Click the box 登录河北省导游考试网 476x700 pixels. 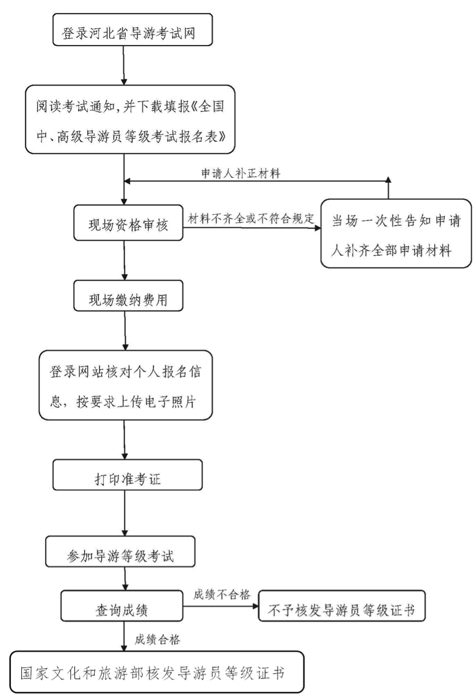pyautogui.click(x=132, y=30)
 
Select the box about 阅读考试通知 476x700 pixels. pyautogui.click(x=130, y=119)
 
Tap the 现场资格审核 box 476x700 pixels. pyautogui.click(x=128, y=222)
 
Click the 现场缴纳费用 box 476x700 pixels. pyautogui.click(x=128, y=295)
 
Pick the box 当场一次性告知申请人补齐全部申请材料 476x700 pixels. pyautogui.click(x=396, y=233)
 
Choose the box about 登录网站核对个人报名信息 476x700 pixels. pyautogui.click(x=126, y=385)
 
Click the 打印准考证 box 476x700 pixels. pyautogui.click(x=128, y=475)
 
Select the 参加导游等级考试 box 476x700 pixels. pyautogui.click(x=120, y=552)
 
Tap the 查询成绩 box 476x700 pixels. pyautogui.click(x=121, y=606)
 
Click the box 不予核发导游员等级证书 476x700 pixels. pyautogui.click(x=342, y=606)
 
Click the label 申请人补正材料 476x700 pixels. pyautogui.click(x=241, y=173)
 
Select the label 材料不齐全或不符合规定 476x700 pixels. pyautogui.click(x=251, y=219)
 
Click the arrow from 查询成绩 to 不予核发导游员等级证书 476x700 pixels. pyautogui.click(x=220, y=606)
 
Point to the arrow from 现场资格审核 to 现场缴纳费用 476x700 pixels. pyautogui.click(x=125, y=260)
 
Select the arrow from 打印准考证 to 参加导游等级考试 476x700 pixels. pyautogui.click(x=125, y=513)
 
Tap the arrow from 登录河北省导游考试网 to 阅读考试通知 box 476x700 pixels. pyautogui.click(x=124, y=65)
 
